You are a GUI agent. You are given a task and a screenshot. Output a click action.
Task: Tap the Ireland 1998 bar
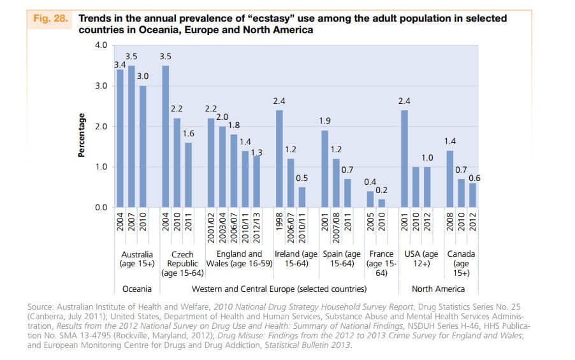click(279, 159)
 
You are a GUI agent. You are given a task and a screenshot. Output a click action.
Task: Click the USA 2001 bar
click(403, 159)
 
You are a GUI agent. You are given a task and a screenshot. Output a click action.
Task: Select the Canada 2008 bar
click(449, 179)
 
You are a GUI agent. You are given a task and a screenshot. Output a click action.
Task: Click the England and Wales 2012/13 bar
click(256, 182)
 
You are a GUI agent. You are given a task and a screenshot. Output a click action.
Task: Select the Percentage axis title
click(82, 135)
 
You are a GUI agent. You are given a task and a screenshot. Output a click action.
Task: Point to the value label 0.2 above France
click(381, 191)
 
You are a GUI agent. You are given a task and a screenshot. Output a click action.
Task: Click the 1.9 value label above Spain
click(324, 120)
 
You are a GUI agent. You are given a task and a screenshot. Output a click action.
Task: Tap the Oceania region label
click(136, 289)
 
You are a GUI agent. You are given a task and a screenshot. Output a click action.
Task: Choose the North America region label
click(438, 289)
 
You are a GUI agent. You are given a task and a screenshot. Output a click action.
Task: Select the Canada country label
click(460, 254)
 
